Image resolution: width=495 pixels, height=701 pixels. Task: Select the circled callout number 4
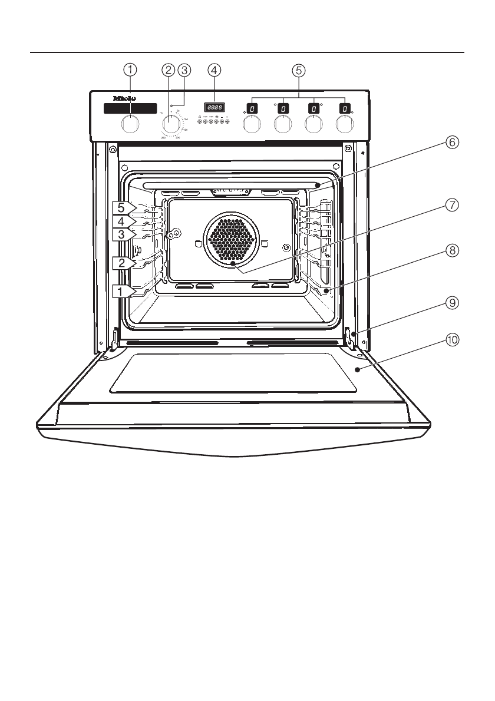214,70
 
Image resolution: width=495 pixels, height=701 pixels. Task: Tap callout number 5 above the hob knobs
299,70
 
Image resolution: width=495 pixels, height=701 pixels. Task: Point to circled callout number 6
451,142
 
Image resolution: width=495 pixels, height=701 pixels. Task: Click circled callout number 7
451,205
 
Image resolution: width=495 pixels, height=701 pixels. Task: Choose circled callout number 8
451,250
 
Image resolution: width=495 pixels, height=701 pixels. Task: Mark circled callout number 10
451,340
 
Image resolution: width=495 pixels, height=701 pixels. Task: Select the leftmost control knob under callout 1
131,125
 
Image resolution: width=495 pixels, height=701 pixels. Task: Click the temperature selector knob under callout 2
171,125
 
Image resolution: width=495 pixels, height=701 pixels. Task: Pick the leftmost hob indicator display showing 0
252,108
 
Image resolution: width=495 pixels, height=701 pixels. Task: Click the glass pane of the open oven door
233,373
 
